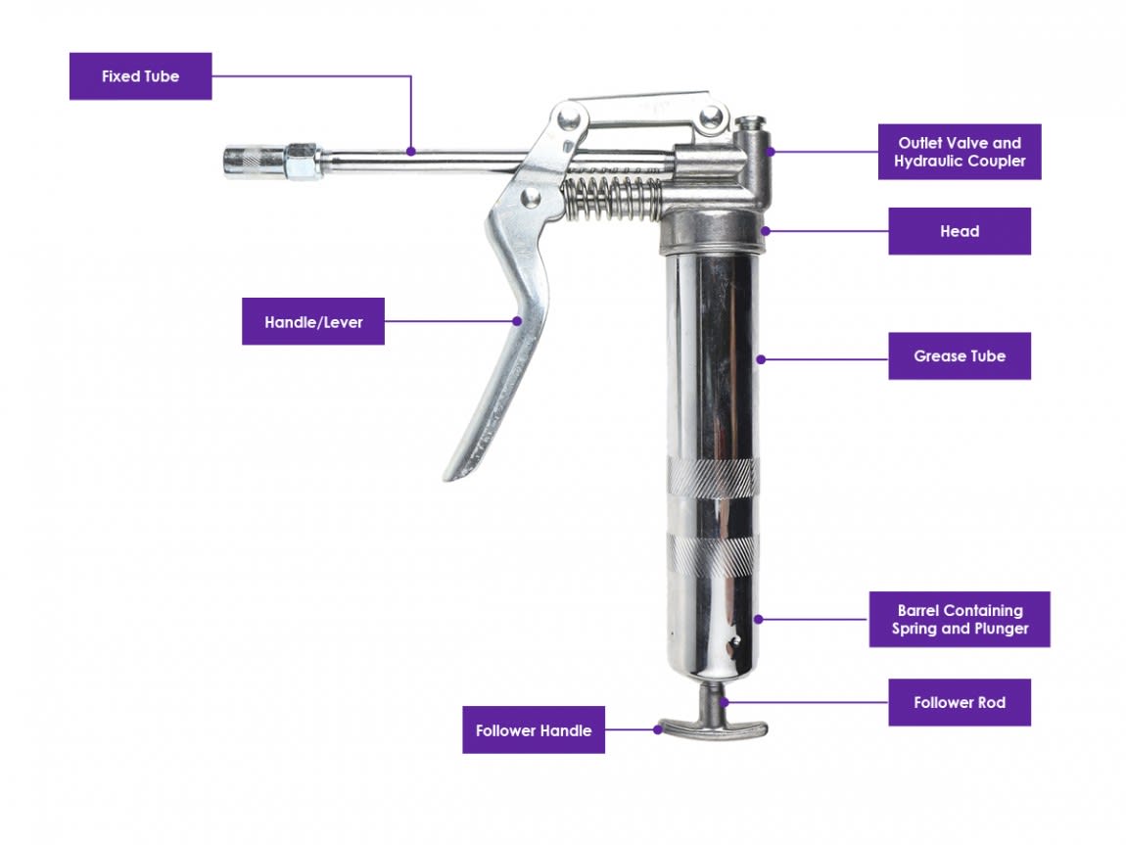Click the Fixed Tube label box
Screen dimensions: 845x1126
[140, 76]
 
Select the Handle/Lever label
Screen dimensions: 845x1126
[313, 322]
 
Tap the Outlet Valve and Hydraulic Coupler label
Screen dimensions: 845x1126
[959, 152]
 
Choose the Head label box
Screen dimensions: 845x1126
[959, 231]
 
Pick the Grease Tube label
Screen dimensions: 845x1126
[959, 356]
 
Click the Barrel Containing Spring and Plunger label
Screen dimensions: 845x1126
[959, 619]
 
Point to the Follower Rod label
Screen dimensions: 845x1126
[959, 702]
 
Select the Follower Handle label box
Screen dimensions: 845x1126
[533, 730]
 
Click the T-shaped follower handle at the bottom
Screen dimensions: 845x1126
[713, 728]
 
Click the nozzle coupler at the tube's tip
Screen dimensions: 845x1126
[245, 161]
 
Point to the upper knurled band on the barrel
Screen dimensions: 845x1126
[713, 477]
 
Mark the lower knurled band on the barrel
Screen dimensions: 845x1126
[713, 554]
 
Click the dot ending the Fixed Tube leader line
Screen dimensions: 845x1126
[411, 152]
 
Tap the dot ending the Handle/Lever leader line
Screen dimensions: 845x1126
[517, 319]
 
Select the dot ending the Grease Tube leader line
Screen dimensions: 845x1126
[761, 359]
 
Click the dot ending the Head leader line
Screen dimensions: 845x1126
[764, 231]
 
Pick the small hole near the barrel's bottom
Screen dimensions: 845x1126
[726, 643]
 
